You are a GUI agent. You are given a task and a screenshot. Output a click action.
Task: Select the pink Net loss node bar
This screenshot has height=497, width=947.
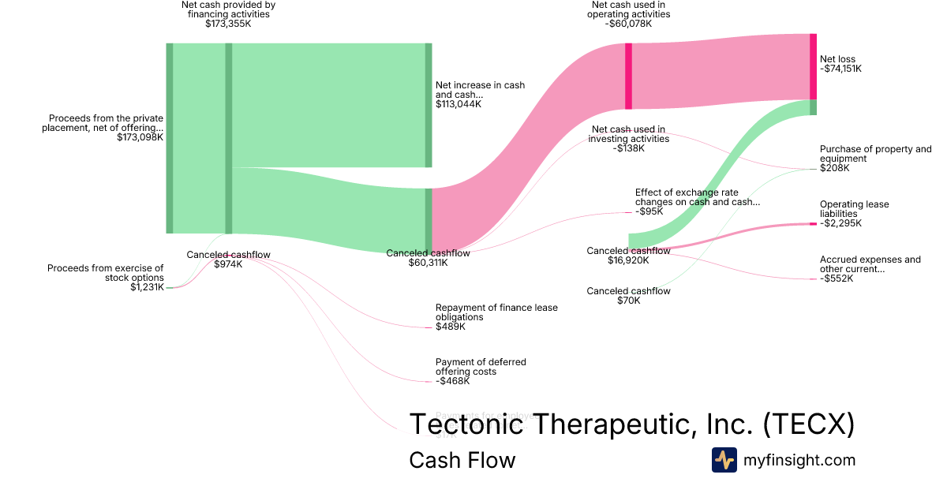click(813, 66)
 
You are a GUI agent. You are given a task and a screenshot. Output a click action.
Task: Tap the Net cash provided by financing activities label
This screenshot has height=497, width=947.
click(228, 14)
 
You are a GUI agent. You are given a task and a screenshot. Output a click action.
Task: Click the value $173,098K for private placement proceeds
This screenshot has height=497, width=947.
click(140, 137)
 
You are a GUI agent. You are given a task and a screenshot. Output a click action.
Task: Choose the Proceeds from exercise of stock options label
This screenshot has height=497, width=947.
click(106, 278)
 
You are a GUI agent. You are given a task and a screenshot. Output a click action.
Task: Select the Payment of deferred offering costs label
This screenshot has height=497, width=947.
click(481, 372)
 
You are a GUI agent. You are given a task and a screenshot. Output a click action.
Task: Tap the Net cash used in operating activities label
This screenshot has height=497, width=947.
click(628, 14)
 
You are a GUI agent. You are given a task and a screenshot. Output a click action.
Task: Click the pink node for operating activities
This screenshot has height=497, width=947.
click(628, 76)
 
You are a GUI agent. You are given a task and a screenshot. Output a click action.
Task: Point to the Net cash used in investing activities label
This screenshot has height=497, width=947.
click(628, 139)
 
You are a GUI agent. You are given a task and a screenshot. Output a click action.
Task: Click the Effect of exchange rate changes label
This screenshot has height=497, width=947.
click(697, 201)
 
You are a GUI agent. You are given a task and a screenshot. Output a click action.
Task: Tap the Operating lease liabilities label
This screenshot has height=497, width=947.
click(854, 214)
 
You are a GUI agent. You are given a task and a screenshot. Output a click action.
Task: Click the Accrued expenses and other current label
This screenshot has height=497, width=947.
click(870, 269)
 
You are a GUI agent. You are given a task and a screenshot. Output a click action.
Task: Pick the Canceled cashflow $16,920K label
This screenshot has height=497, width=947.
click(628, 256)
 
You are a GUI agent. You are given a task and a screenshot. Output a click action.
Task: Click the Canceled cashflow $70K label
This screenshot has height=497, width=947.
click(628, 296)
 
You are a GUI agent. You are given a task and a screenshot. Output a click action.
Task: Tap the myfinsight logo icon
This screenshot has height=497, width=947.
click(724, 460)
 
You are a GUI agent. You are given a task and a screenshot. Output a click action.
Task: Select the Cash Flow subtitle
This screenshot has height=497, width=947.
click(462, 460)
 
